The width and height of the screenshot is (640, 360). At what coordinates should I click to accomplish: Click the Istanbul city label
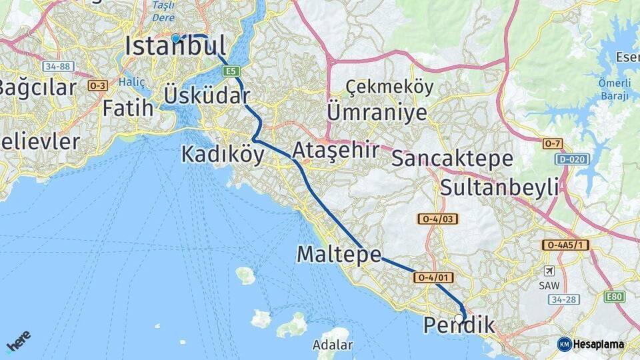tap(175, 47)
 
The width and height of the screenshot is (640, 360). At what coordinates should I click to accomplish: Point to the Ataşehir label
tap(335, 150)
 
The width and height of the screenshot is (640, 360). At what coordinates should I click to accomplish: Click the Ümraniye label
tap(377, 112)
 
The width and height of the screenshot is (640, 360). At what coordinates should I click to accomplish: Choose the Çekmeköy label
tap(390, 87)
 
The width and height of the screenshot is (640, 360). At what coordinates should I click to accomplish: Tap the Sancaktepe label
tap(453, 159)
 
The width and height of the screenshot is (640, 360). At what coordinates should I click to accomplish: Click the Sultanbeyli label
tap(499, 187)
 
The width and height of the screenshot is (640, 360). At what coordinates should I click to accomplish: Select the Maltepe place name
tap(339, 254)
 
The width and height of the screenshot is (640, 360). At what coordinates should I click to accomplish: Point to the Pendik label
tap(459, 326)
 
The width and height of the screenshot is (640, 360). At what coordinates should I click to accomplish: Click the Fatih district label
tap(128, 108)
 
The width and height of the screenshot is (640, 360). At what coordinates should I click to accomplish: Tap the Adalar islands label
tap(333, 345)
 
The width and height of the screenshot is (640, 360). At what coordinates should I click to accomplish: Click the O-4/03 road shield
tap(438, 219)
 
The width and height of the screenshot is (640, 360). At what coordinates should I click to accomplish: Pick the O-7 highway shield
tap(553, 144)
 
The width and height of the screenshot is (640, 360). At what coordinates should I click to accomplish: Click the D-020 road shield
tap(572, 159)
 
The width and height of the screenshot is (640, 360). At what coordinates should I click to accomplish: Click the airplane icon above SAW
tap(549, 271)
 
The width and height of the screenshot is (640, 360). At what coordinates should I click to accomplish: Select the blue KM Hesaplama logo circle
tap(564, 344)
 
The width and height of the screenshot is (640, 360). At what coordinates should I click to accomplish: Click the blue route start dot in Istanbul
tap(175, 39)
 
